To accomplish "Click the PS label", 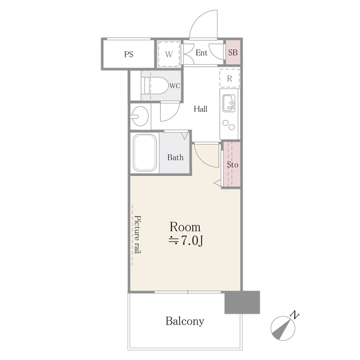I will pos(129,55).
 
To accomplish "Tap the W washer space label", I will pos(168,55).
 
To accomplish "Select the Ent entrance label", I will pos(201,53).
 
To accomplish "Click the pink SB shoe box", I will pos(233,53).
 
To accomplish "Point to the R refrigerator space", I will pos(229,78).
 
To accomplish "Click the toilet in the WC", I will pos(155,86).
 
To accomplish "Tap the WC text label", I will pos(174,86).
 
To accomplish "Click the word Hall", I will pos(201,109).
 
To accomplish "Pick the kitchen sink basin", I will pos(229,103).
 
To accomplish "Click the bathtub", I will pos(145,154).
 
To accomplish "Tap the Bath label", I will pos(175,157).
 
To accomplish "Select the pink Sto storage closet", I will pos(232,165).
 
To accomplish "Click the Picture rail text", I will pos(137,235).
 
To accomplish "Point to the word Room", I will pos(185,227).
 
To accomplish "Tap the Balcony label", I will pos(184,322).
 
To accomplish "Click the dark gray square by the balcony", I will pos(242,302).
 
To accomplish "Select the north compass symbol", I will pos(283,327).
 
